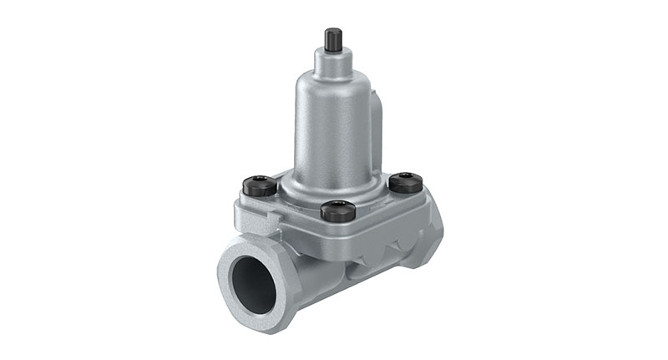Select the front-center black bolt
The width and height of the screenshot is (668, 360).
(x=338, y=210)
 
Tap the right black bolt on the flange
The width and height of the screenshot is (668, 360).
(x=406, y=182)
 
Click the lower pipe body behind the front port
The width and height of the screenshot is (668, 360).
(x=309, y=276)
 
